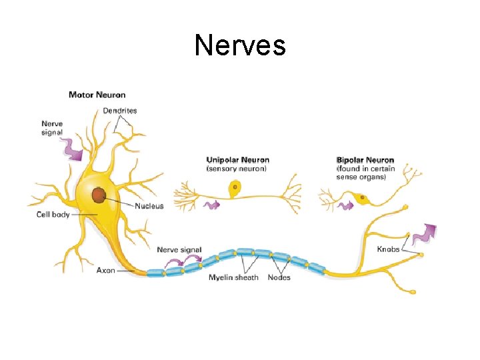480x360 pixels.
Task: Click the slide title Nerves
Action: coord(240,46)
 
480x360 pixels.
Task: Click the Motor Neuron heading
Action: coord(97,95)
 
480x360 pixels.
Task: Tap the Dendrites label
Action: coord(120,111)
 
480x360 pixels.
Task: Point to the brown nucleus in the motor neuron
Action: coord(99,195)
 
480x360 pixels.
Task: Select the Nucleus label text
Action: coord(149,206)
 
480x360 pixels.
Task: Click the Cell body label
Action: coord(53,215)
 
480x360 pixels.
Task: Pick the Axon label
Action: coord(106,271)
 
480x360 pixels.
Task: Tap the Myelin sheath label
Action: coord(233,277)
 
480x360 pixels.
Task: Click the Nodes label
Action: coord(279,277)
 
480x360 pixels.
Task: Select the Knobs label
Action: coord(389,249)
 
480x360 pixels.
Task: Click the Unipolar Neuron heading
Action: coord(238,160)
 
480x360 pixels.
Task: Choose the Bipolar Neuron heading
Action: coord(365,160)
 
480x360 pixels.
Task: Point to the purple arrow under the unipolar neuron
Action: coord(211,205)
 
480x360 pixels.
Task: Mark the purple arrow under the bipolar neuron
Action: coord(345,205)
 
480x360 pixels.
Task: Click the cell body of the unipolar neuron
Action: coord(235,190)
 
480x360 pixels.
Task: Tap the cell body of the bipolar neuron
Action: coord(361,198)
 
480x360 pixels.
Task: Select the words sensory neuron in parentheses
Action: coord(237,169)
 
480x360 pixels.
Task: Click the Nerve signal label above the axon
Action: coord(179,250)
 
